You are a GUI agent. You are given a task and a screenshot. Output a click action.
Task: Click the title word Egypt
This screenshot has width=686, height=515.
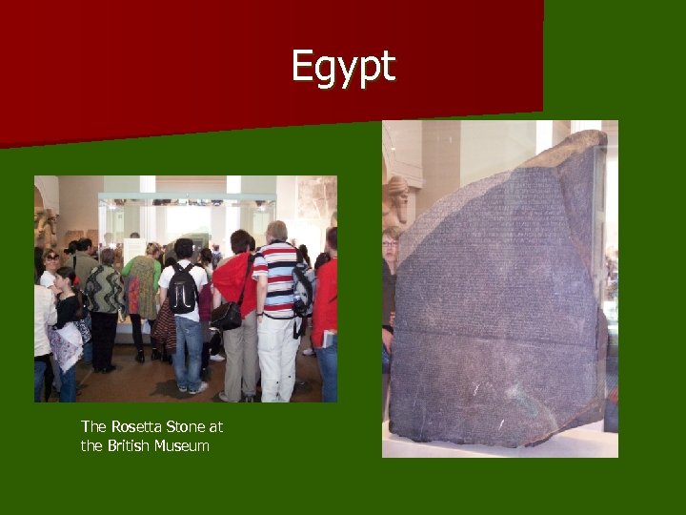pos(343,68)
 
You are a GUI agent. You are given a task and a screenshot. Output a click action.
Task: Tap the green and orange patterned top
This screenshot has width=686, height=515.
pos(142,283)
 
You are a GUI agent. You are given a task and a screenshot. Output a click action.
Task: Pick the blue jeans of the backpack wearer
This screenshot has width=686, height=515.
pos(188,351)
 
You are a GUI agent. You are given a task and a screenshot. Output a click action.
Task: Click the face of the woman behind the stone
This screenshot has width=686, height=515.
pos(390,244)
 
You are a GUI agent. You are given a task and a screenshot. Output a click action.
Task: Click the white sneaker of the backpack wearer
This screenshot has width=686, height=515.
pos(199,387)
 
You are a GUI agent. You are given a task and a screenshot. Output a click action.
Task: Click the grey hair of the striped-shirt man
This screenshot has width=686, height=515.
pos(277,230)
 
